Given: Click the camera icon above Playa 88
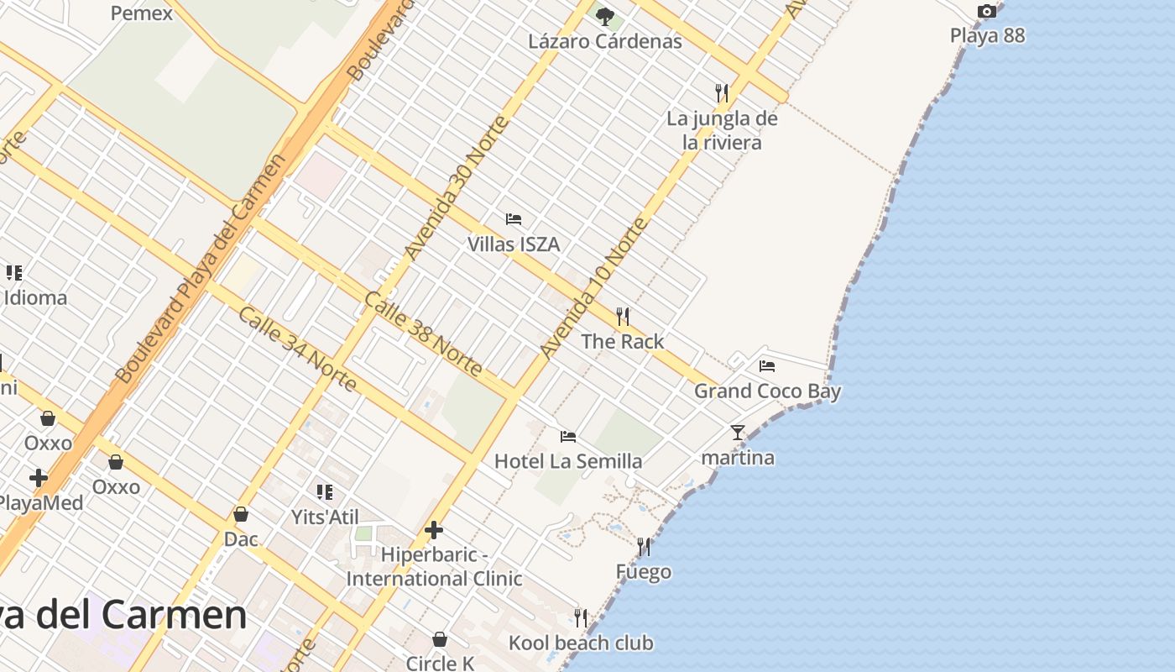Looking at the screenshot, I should coord(987,11).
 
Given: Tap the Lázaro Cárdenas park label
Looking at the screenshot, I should coord(604,40).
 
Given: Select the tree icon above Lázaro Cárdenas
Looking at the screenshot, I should coord(604,15).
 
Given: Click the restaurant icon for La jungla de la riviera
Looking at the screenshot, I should coord(721,92).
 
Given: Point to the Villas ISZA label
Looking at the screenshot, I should coord(513,244).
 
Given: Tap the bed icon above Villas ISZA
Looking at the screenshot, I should coord(514,219).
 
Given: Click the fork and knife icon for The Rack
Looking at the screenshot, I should coord(622,317).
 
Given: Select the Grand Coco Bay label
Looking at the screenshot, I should coord(767,391).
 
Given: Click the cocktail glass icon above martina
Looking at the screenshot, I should coord(738,433).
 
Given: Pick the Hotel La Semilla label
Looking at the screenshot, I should coord(568,461).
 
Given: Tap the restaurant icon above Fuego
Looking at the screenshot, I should coord(644,547).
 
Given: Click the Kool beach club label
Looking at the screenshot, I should coord(581,643).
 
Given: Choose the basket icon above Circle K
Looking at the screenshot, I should coord(439,639).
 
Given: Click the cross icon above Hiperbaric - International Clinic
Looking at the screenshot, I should coord(434,530).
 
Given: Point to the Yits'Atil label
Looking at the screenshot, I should coord(325,517).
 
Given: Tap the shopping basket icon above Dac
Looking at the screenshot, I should coord(241,514).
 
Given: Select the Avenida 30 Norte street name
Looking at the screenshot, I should coord(457,187).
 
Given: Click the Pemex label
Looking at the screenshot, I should coord(142,13).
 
